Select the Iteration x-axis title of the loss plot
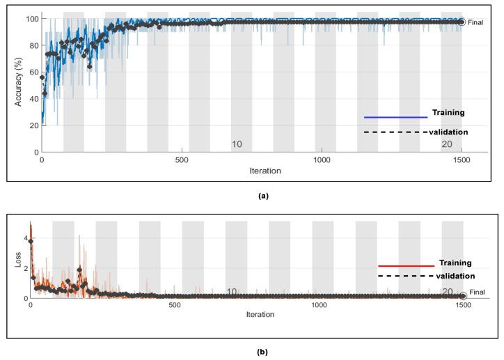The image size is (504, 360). coord(260,315)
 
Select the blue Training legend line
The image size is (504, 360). coord(395,117)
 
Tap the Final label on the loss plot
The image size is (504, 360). coord(478,292)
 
